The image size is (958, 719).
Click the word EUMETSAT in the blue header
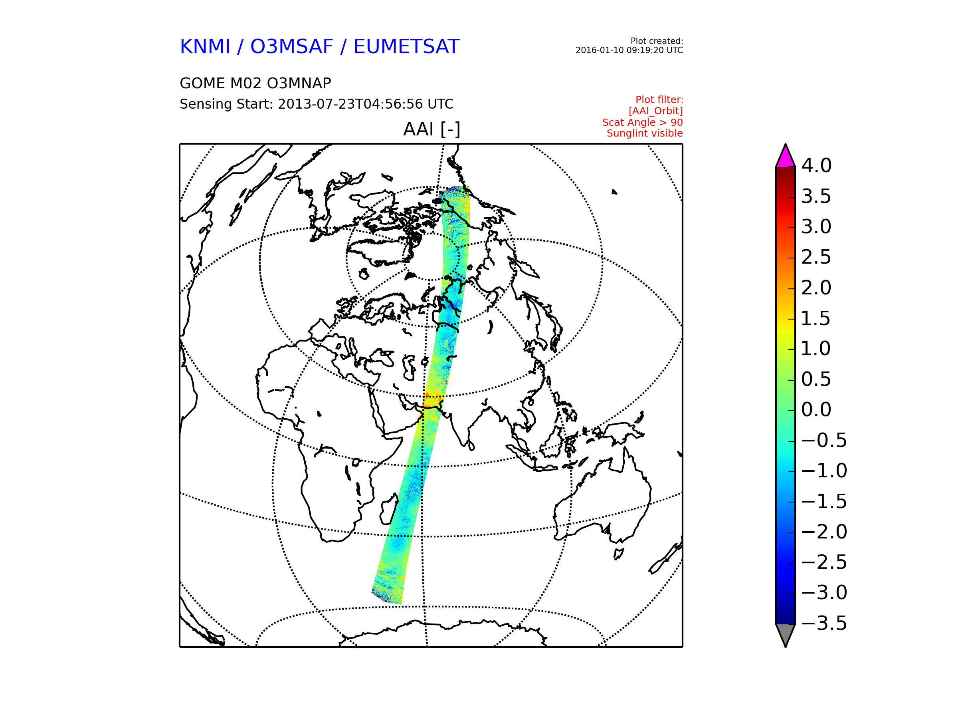coord(406,47)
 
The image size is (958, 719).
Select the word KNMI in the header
coord(205,47)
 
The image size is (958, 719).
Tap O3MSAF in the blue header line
coord(292,47)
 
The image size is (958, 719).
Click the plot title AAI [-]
coord(431,129)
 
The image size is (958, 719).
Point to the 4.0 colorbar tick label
coord(816,165)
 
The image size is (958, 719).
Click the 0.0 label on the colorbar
coord(816,409)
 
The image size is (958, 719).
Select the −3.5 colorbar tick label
coord(824,623)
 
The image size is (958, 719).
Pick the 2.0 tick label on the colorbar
coord(816,288)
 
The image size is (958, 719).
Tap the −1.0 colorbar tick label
coord(824,471)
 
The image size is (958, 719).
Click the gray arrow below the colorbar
coord(786,634)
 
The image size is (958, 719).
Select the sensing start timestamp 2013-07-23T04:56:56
coord(350,104)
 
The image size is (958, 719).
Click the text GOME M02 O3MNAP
coord(255,83)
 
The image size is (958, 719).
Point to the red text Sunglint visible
coord(644,133)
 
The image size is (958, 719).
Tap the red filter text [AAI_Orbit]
coord(656,111)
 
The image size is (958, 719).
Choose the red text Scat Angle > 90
coord(642,123)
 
